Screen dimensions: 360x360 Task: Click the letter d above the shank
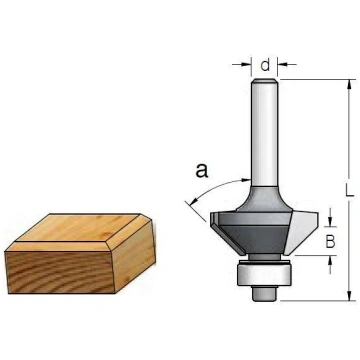coord(265,65)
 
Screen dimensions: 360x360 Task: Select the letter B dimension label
coord(330,242)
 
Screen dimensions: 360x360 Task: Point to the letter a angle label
coord(202,170)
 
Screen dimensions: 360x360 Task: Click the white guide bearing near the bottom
coord(264,273)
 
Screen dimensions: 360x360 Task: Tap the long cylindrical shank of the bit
coord(264,132)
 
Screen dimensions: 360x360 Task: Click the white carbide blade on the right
coord(302,232)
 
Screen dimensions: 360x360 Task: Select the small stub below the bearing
coord(264,293)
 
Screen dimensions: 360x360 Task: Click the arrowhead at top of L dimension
coord(349,84)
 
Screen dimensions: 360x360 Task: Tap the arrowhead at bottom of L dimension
coord(349,296)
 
